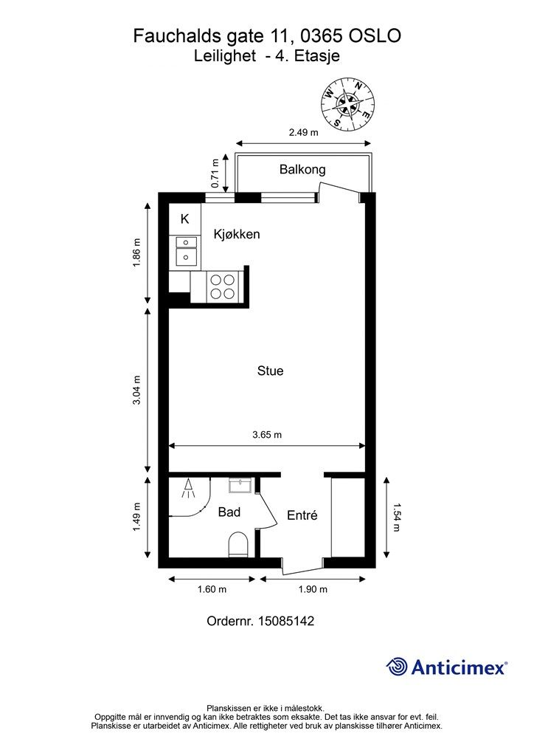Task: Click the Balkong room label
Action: tap(302, 170)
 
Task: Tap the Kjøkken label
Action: tap(237, 234)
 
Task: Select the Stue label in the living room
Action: tap(270, 371)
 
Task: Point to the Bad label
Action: tap(229, 512)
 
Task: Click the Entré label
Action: tap(302, 515)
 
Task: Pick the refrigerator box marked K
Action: tap(185, 219)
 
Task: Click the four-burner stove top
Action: tap(223, 287)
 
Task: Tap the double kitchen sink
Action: tap(185, 251)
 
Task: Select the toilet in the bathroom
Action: tap(237, 544)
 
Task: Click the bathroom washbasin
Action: tap(240, 486)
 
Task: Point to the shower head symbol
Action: tap(188, 489)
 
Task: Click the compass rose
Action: tap(348, 104)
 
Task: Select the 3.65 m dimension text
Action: tap(267, 435)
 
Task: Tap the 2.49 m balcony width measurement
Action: tap(303, 132)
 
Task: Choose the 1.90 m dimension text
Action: tap(313, 589)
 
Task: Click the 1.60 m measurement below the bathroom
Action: tap(212, 589)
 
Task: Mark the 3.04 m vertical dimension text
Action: tap(136, 390)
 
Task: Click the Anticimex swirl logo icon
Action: tap(397, 667)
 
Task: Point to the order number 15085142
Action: tap(286, 621)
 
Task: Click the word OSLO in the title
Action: tap(375, 36)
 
